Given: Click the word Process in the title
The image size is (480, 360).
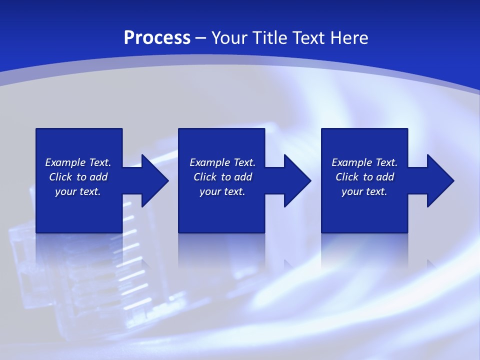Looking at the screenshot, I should (157, 38).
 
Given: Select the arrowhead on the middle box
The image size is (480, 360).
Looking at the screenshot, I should (296, 180).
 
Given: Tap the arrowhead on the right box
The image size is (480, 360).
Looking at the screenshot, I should (439, 180).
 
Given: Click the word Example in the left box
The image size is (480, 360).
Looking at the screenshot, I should (64, 162).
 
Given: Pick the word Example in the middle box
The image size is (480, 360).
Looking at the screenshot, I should (209, 162).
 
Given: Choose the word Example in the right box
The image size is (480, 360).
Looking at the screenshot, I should (351, 162).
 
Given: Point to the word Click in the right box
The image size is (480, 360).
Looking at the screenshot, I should (347, 177).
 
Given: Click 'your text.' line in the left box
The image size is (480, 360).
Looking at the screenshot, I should (78, 191).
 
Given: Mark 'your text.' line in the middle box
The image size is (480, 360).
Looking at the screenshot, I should (222, 191).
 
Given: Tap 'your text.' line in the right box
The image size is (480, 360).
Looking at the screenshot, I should (364, 191).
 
